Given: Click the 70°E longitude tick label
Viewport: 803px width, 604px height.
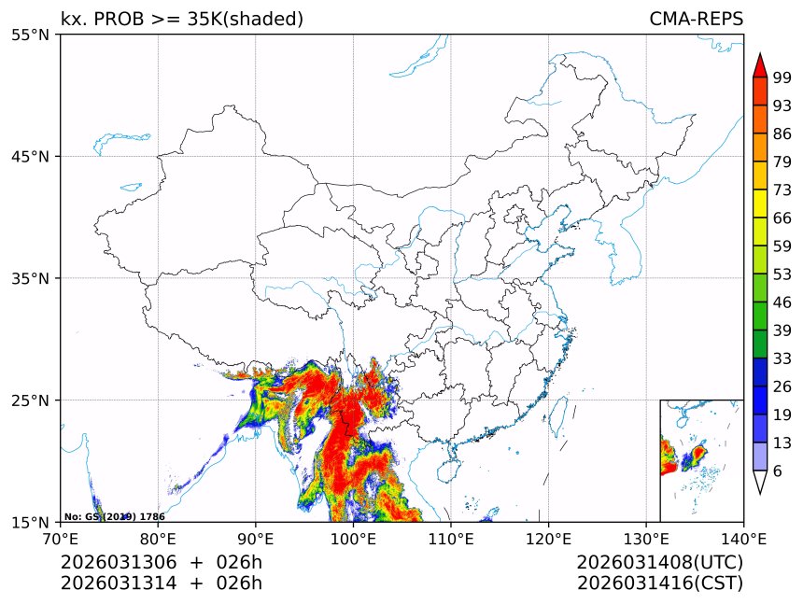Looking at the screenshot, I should (61, 538).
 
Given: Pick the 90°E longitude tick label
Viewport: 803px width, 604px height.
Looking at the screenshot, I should (256, 538).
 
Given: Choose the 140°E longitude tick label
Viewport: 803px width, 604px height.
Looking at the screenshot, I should (743, 538).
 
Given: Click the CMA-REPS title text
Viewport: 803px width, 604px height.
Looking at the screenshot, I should (696, 19).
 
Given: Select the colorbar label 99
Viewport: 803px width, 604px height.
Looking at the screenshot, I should (782, 78).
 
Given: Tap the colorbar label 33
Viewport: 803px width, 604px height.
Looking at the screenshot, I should (782, 358).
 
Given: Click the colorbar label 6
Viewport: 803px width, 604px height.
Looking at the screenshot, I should (778, 471).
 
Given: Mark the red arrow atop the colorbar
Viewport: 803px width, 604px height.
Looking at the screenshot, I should (760, 65).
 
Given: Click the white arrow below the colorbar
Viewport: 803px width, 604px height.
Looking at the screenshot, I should (760, 482).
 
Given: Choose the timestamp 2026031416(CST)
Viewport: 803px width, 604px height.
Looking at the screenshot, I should (659, 583).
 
